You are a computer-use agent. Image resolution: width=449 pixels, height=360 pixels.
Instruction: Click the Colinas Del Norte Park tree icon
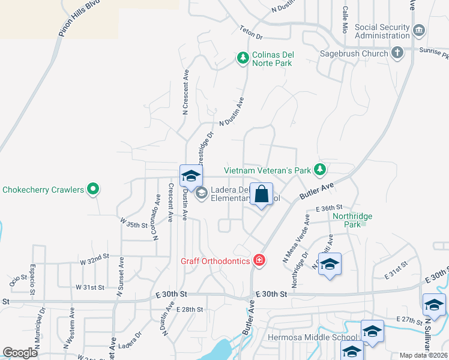pos(243,58)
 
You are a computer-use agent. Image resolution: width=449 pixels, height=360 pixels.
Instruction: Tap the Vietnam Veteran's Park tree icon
pos(321,170)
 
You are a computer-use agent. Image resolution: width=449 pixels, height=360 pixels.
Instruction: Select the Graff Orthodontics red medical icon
pos(259,260)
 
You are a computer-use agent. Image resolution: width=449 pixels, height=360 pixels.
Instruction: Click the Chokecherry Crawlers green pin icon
pos(92,190)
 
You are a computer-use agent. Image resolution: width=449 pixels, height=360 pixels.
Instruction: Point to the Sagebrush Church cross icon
pos(397,53)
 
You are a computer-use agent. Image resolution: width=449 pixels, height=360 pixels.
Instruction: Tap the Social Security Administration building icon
pos(419,30)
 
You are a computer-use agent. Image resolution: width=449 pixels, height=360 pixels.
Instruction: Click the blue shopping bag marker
pos(261,194)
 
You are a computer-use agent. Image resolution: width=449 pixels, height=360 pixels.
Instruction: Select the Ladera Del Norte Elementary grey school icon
pos(201,193)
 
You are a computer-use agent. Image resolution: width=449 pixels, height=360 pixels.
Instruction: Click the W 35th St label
pos(134,224)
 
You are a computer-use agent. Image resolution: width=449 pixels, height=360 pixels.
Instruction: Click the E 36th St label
pos(328,207)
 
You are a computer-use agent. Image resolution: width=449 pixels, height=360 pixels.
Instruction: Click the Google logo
pos(20,353)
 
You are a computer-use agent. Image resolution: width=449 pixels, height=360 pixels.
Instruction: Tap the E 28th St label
pos(190,309)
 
